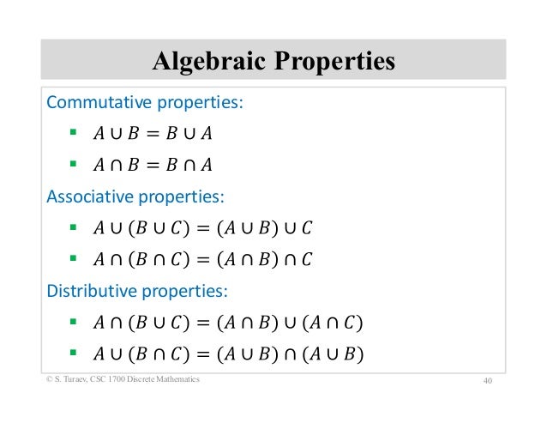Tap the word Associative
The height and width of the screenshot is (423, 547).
(x=89, y=196)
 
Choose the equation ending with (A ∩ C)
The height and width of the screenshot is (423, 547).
(x=227, y=322)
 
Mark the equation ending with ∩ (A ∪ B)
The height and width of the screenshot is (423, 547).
(x=227, y=353)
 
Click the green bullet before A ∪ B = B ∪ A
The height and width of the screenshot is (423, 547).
(x=73, y=134)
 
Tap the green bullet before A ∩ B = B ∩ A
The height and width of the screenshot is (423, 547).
(x=73, y=165)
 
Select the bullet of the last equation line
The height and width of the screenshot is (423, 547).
(x=73, y=352)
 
